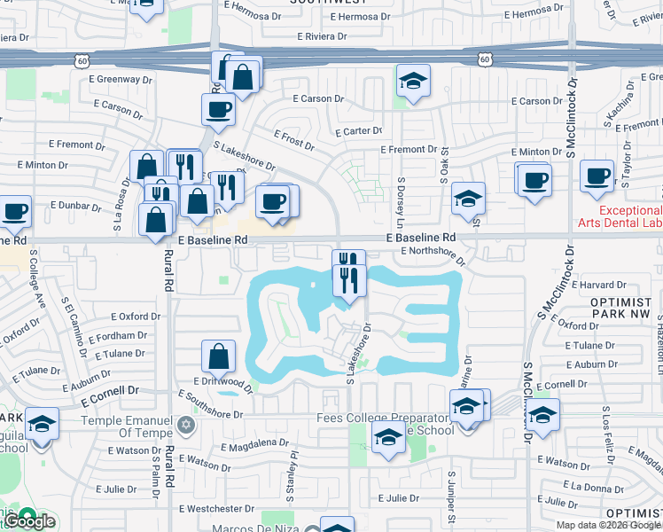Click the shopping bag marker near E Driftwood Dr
(x=218, y=357)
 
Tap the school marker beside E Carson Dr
(x=411, y=82)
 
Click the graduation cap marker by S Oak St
(x=468, y=199)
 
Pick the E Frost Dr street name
(x=294, y=139)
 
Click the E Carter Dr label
(x=358, y=131)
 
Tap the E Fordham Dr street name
(x=118, y=335)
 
